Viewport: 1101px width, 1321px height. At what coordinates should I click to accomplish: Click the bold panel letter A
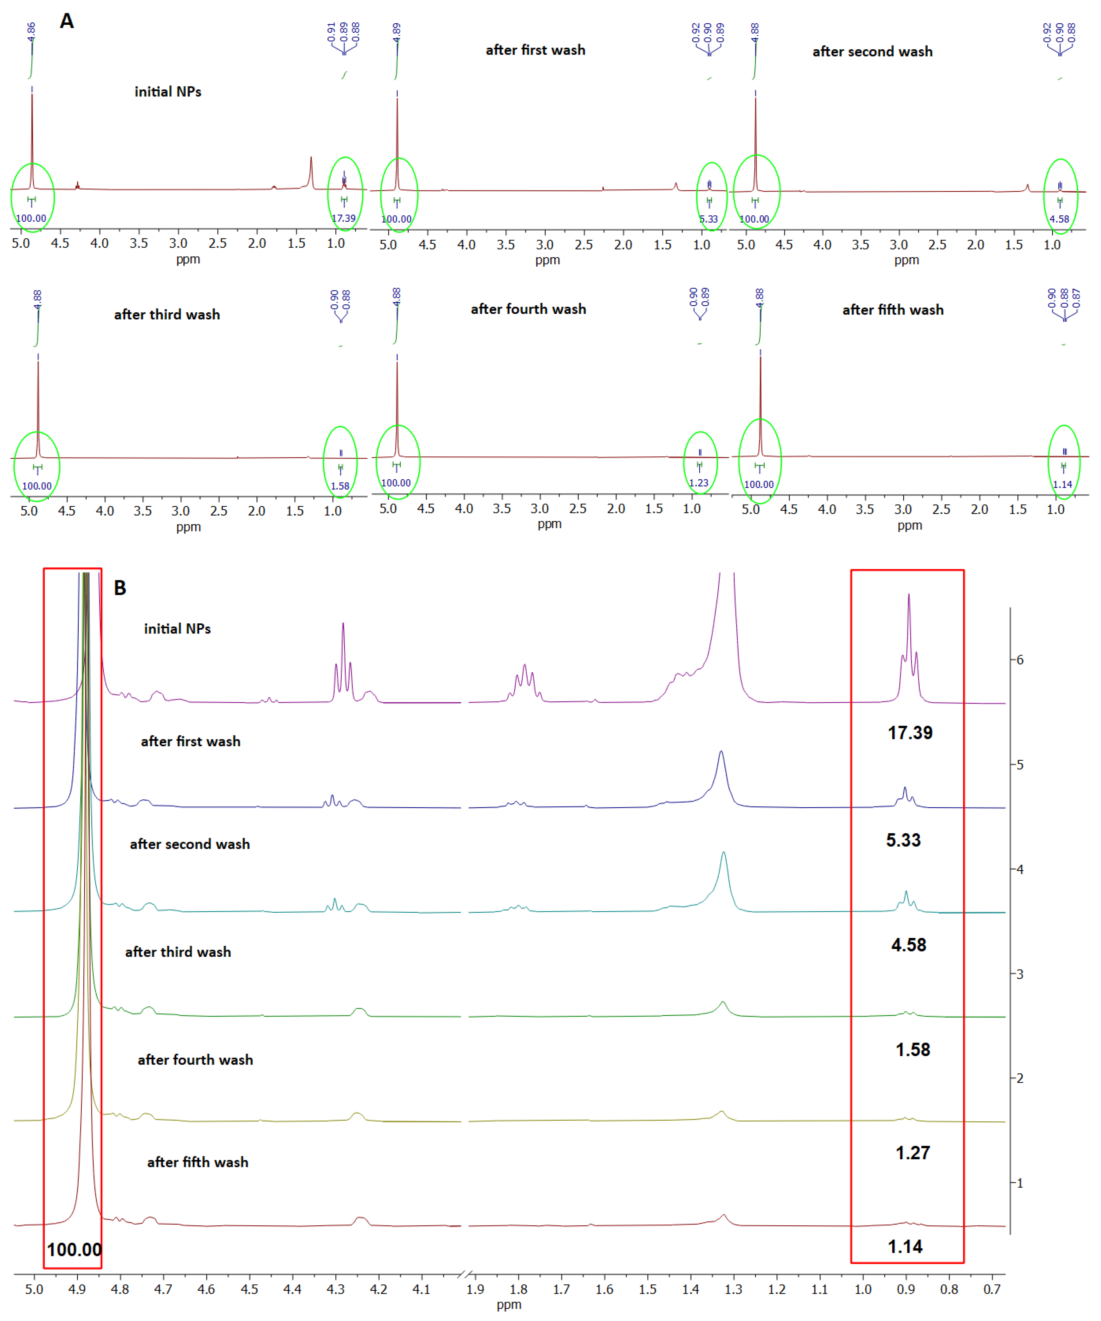(x=67, y=21)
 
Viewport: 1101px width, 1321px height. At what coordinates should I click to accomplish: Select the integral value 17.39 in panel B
(x=910, y=733)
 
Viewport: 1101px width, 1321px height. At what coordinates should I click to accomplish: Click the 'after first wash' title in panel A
(x=535, y=50)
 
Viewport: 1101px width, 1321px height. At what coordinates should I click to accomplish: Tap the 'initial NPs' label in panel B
(x=177, y=629)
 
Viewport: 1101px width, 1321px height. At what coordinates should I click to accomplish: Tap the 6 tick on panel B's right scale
(x=1019, y=660)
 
